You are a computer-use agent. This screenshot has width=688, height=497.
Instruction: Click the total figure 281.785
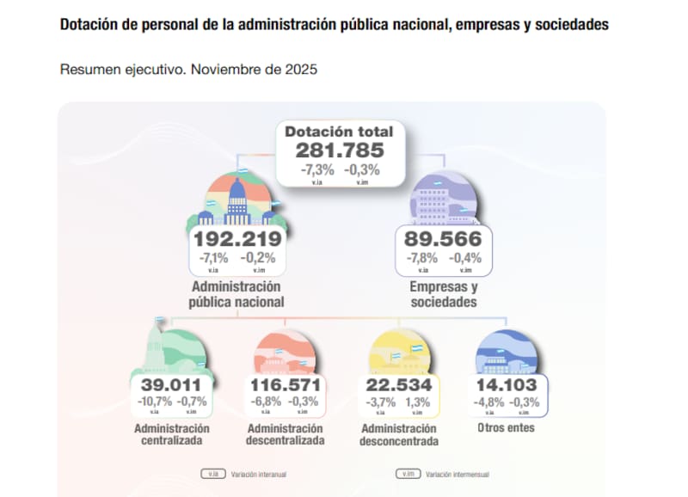(x=339, y=150)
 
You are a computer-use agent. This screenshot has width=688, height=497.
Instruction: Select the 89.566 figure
(x=443, y=239)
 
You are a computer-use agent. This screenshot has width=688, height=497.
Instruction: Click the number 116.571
(x=285, y=384)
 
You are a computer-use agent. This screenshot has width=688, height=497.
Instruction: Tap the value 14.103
(x=506, y=384)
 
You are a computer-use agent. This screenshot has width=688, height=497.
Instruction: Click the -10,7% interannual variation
(x=154, y=402)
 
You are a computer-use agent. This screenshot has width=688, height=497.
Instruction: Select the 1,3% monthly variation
(x=419, y=402)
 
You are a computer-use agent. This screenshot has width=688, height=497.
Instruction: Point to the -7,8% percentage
(x=421, y=258)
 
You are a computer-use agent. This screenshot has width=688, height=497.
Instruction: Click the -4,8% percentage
(x=488, y=402)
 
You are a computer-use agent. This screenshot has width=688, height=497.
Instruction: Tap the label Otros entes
(x=506, y=427)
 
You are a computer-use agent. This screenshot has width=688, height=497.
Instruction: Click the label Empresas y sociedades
(x=444, y=294)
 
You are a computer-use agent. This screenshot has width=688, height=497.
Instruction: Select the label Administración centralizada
(x=171, y=434)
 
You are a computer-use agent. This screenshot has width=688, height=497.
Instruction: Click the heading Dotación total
(x=339, y=132)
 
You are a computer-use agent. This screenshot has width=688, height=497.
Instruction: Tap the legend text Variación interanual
(x=260, y=473)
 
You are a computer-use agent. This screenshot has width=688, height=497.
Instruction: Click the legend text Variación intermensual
(x=458, y=473)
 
